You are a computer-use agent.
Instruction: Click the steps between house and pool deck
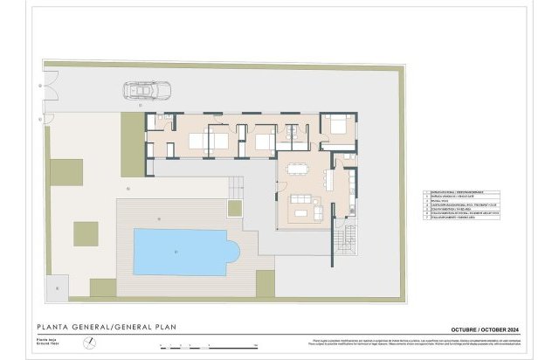tap(235, 185)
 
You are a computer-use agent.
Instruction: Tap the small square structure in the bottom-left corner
tap(59, 283)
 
